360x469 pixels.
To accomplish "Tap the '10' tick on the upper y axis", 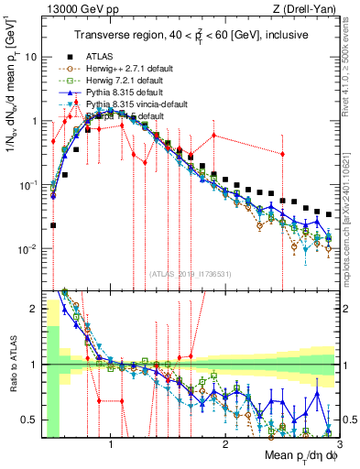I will click(31, 57).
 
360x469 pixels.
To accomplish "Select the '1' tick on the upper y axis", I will click(34, 121).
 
